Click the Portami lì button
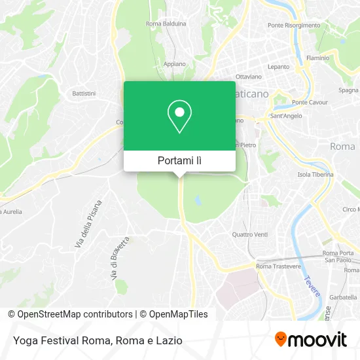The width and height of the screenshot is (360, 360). (x=179, y=160)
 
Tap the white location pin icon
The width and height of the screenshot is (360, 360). (x=179, y=117)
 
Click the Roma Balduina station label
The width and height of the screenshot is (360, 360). (x=166, y=24)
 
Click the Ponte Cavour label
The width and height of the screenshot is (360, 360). (x=309, y=103)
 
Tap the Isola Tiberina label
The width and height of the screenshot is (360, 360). (x=315, y=175)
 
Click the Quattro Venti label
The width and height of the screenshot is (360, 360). (x=250, y=234)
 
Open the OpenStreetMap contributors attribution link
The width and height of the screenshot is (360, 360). (x=75, y=314)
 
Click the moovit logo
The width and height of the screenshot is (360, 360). (x=310, y=340)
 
